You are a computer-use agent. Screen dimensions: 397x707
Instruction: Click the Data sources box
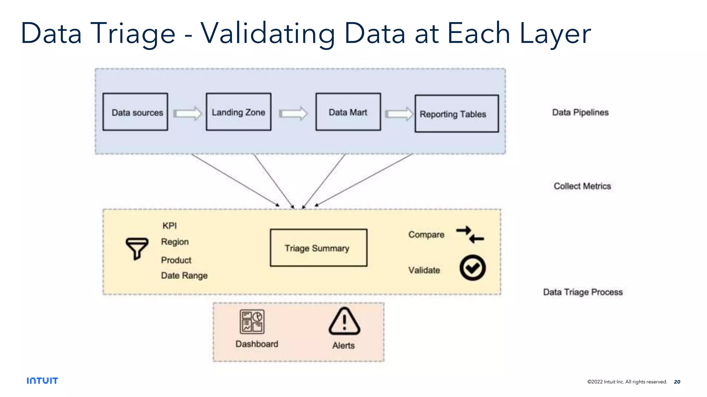tap(135, 112)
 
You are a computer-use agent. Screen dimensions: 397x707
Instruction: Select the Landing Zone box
tap(239, 112)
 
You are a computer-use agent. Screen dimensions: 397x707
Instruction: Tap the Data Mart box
tap(348, 112)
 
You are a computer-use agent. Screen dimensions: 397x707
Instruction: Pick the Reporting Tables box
tap(456, 114)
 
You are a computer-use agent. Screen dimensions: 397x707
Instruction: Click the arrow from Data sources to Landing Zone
tap(187, 113)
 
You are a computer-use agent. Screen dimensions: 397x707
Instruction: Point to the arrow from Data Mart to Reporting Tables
tap(399, 114)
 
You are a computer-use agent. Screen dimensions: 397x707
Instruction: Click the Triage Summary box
tap(318, 248)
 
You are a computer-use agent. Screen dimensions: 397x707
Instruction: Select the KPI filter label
tap(170, 226)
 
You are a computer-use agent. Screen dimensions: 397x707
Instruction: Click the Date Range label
tap(184, 275)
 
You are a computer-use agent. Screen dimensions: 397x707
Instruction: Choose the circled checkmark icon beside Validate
tap(472, 268)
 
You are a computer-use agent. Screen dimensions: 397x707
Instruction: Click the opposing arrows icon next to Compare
tap(470, 235)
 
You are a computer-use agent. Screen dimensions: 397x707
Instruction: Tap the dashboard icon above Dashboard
tap(252, 322)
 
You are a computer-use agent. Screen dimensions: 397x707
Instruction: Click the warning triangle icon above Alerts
tap(344, 322)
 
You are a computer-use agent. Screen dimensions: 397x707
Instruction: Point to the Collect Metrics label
tap(582, 186)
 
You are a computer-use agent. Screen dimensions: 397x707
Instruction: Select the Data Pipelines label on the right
tap(580, 112)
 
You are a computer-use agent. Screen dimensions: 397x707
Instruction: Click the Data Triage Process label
tap(583, 292)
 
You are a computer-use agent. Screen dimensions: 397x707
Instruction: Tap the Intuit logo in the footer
tap(42, 380)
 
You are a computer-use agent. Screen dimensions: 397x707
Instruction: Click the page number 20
tap(677, 381)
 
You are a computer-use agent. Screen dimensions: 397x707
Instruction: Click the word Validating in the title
tap(268, 34)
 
